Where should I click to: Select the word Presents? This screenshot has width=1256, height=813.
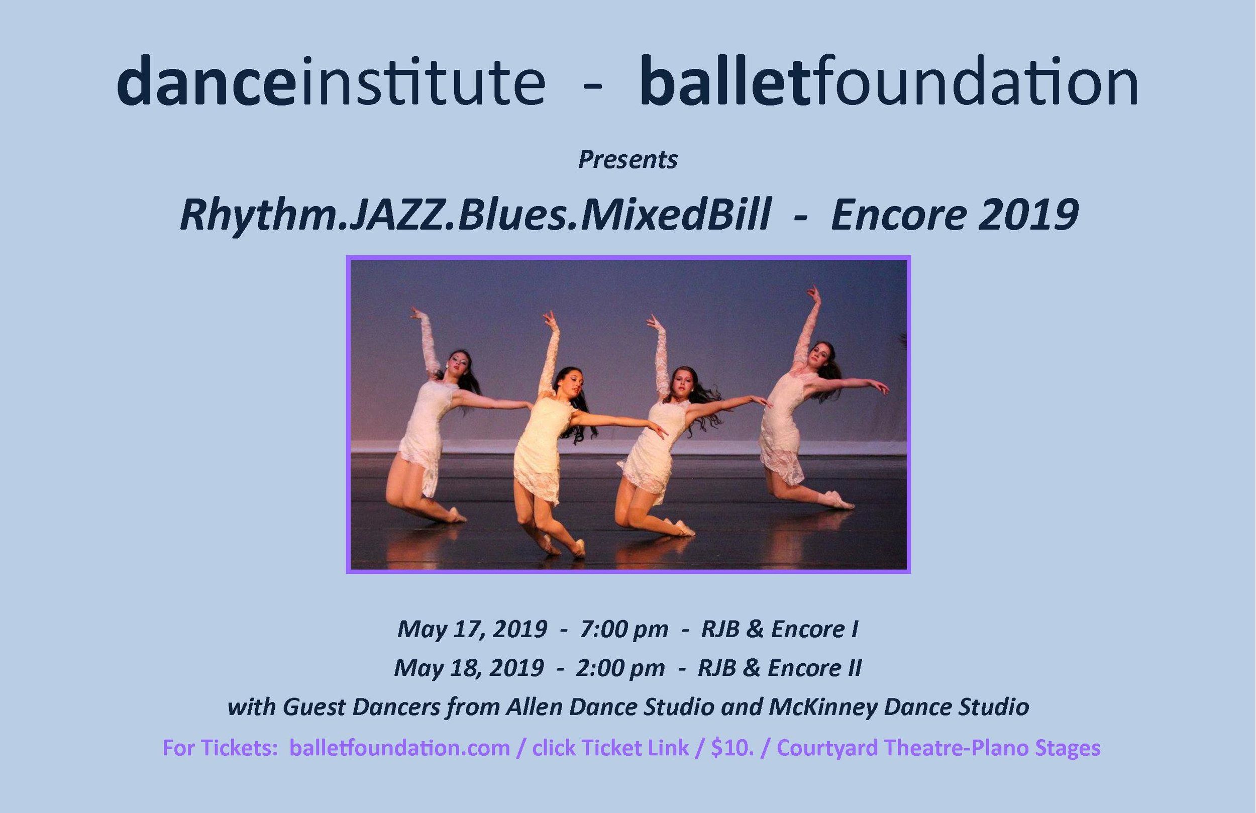(x=627, y=159)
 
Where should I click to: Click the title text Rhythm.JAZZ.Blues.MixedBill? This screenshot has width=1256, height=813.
(x=474, y=216)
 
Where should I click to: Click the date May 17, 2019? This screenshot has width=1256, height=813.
(x=472, y=629)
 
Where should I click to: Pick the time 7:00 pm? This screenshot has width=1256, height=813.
(x=624, y=629)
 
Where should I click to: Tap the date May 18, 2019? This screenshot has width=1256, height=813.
(x=469, y=668)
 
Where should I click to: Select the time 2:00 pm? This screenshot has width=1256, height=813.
(x=620, y=668)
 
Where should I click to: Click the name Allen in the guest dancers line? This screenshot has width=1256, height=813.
(x=533, y=707)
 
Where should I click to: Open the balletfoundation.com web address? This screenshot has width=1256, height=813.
(x=399, y=748)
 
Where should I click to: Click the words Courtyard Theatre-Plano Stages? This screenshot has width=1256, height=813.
(x=939, y=749)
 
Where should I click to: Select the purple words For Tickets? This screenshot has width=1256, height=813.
(x=217, y=748)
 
